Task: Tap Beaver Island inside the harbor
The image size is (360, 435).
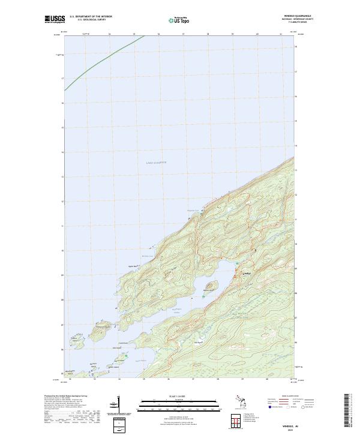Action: point(210,286)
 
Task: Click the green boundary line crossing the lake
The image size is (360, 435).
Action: point(102,63)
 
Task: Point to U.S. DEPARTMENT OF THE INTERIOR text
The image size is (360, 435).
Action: point(91,17)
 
